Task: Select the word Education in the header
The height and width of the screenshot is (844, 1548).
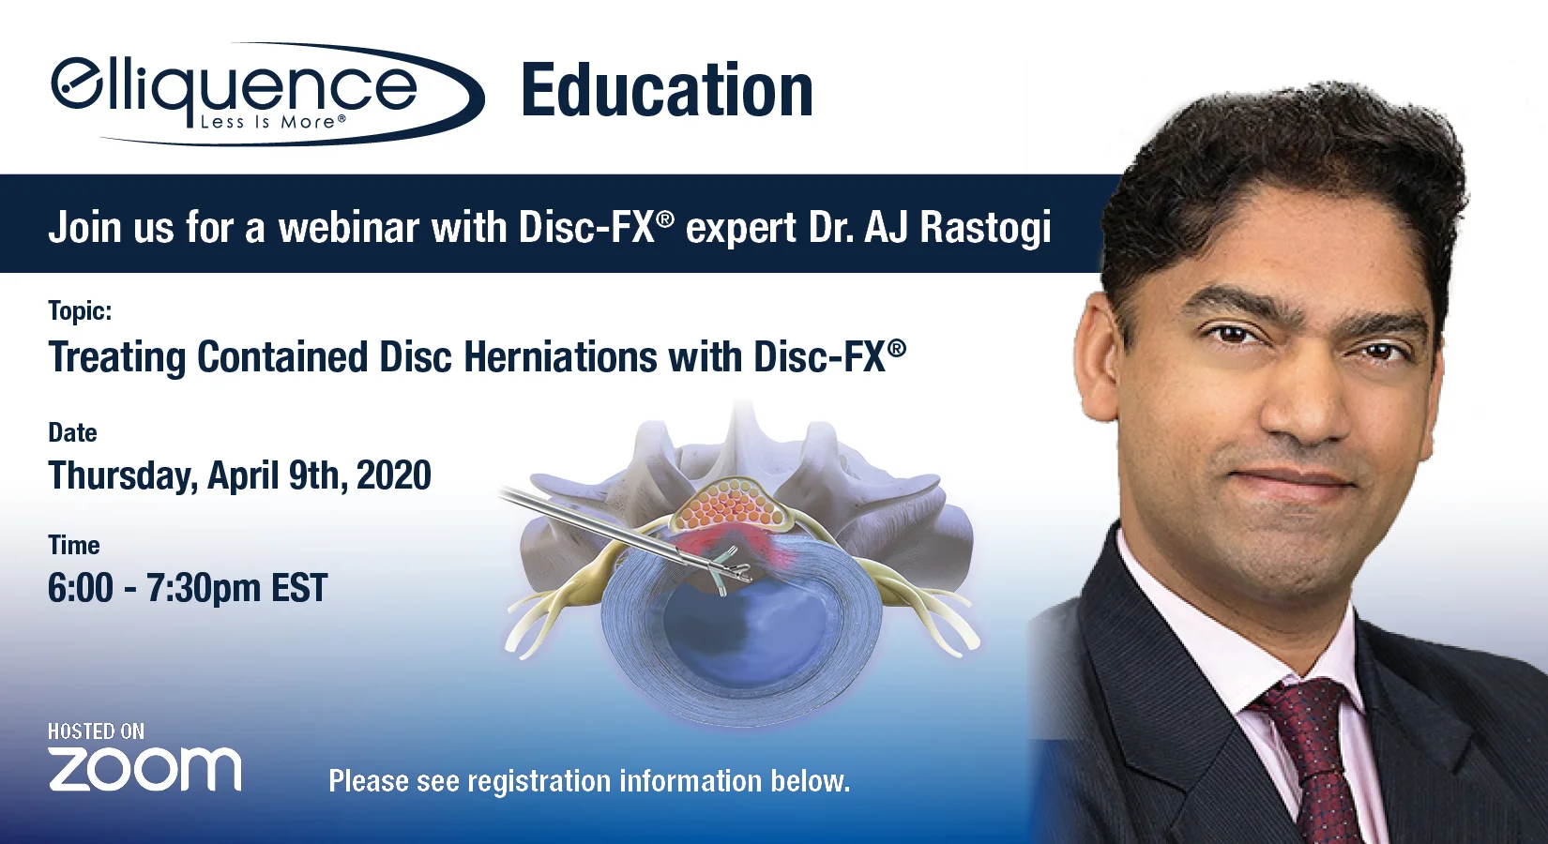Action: (x=666, y=91)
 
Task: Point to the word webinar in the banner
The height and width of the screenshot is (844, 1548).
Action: (x=348, y=228)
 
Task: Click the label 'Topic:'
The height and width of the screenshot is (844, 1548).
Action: (x=80, y=311)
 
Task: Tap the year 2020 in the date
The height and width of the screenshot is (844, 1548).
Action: (x=393, y=475)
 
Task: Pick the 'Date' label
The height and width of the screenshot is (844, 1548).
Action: (x=72, y=432)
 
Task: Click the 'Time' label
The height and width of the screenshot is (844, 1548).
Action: (x=73, y=545)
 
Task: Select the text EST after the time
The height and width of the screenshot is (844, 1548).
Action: (x=298, y=589)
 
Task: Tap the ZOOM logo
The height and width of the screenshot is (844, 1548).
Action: (x=144, y=769)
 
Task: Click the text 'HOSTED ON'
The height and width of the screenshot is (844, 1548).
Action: (x=96, y=731)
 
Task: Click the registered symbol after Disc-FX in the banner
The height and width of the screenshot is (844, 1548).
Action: (x=664, y=219)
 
